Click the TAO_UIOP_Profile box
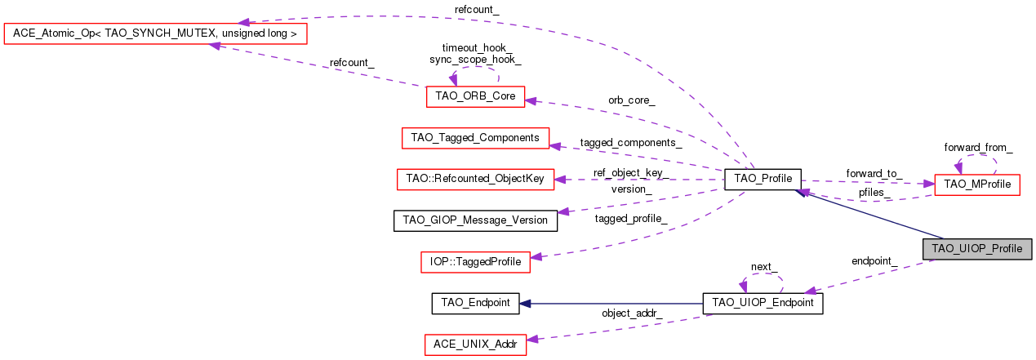tap(977, 249)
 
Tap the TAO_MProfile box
tap(976, 184)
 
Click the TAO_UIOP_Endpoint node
tap(763, 304)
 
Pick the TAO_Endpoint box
tap(475, 303)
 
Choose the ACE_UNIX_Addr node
tap(475, 344)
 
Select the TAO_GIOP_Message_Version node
tap(475, 220)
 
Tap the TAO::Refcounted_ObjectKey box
tap(475, 179)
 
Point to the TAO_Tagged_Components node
tap(475, 138)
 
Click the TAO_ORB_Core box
tap(475, 96)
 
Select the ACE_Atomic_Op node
tap(155, 33)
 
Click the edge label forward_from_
tap(978, 148)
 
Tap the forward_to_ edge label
tap(874, 173)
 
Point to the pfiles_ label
tap(874, 193)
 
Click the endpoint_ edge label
tap(874, 262)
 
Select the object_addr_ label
tap(632, 313)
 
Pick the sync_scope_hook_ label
tap(475, 60)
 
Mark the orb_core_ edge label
tap(631, 100)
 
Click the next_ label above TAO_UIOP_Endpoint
tap(764, 268)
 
